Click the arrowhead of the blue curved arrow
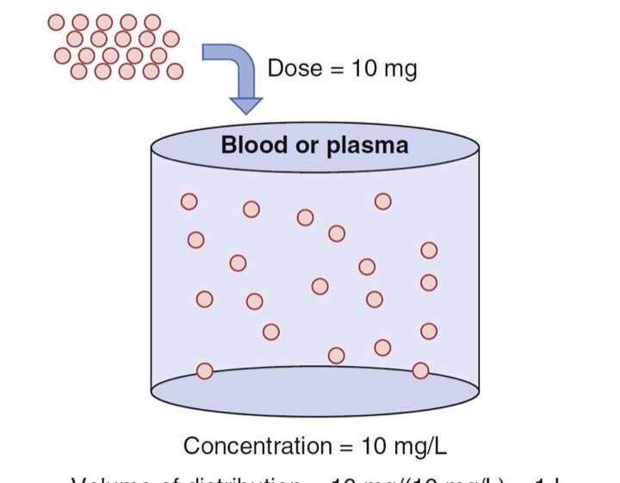click(246, 105)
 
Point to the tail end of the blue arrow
click(207, 53)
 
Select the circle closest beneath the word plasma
click(383, 201)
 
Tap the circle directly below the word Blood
click(251, 208)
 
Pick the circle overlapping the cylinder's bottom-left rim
click(205, 371)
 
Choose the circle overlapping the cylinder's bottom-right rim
click(420, 370)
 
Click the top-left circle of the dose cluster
click(57, 22)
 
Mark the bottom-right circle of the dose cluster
click(175, 71)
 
